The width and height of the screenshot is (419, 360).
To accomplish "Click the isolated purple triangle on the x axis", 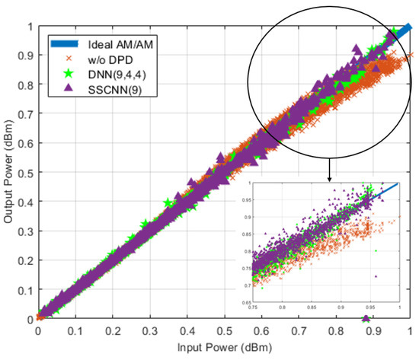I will click(x=366, y=318).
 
